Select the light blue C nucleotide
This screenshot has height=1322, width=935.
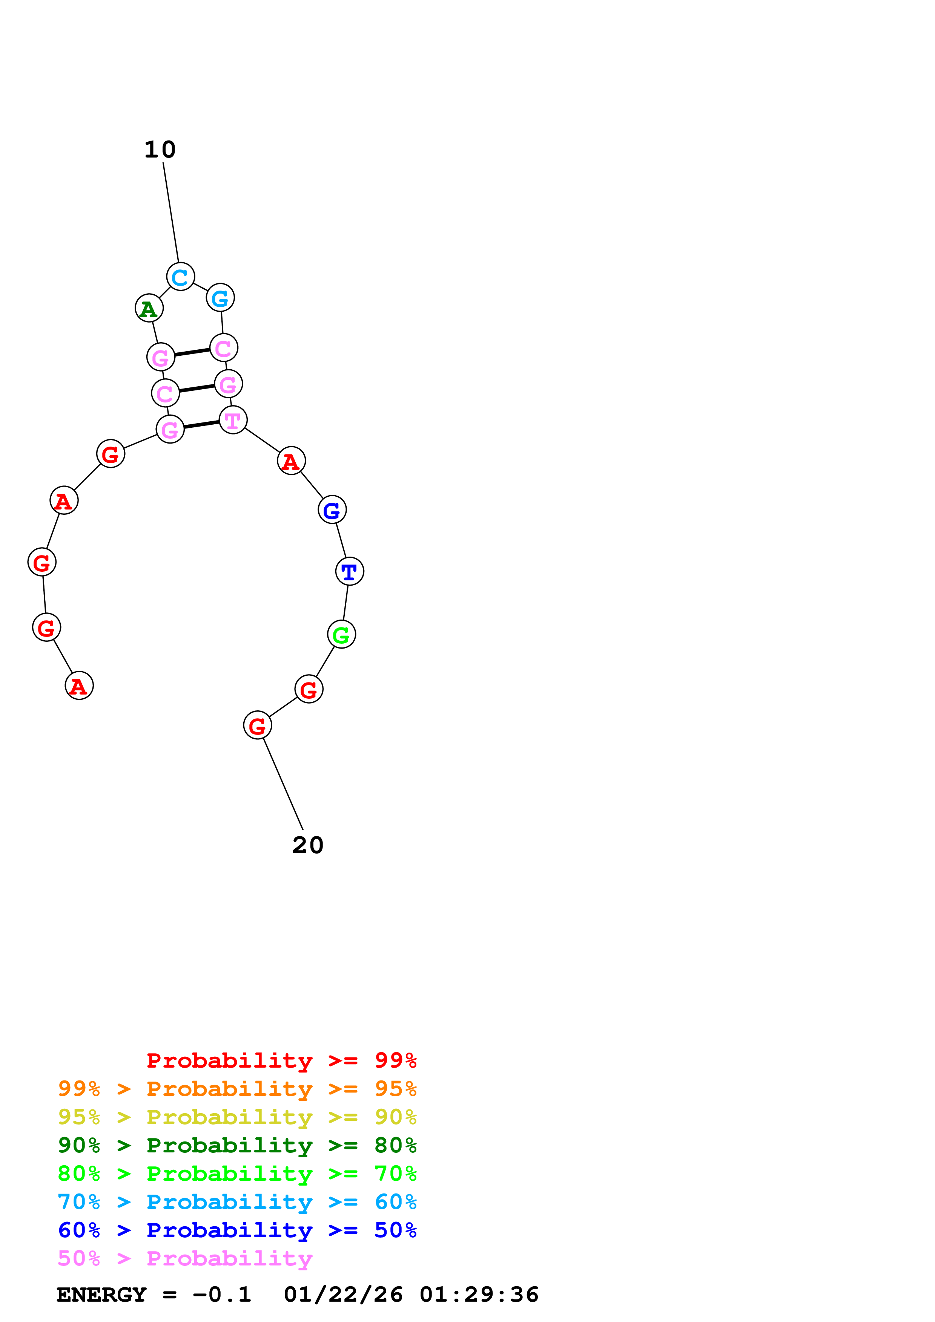click(x=180, y=277)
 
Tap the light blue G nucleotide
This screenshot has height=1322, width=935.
click(x=220, y=298)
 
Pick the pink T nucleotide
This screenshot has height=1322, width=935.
click(x=233, y=420)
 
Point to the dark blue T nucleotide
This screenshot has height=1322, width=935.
click(x=349, y=571)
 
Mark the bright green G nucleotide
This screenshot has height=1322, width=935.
click(x=341, y=635)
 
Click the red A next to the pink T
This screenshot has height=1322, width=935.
click(x=291, y=461)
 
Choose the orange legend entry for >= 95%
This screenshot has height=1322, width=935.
click(x=237, y=1089)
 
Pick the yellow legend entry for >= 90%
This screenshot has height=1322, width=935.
click(x=237, y=1117)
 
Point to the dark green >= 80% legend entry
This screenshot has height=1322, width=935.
click(x=237, y=1145)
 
